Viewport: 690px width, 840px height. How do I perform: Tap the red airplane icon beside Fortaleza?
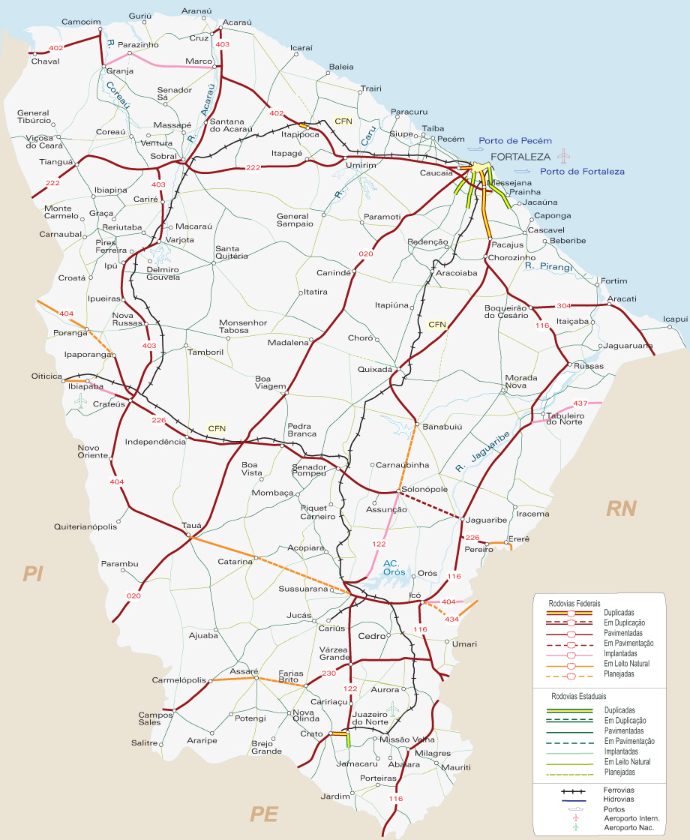tap(564, 156)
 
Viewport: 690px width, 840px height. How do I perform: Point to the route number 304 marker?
tap(564, 306)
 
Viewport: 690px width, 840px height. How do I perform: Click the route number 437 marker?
tap(580, 403)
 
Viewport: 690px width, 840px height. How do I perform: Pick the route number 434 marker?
tap(452, 619)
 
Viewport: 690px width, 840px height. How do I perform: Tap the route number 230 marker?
tap(328, 673)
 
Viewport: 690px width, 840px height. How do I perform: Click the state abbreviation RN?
tap(621, 509)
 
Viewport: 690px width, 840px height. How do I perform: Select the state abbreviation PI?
tap(33, 574)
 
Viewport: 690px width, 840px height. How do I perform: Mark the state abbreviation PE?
tap(264, 814)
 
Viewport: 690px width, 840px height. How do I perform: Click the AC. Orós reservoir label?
tap(394, 568)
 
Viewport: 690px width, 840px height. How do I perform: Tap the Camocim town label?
tap(81, 22)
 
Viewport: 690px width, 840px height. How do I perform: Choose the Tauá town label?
tap(192, 526)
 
